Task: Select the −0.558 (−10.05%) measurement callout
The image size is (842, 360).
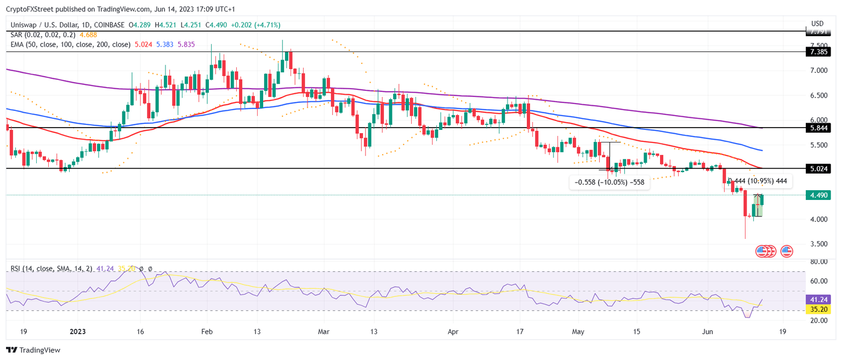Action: pyautogui.click(x=610, y=182)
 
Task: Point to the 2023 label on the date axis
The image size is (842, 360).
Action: pyautogui.click(x=77, y=332)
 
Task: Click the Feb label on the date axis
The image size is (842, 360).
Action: pyautogui.click(x=207, y=332)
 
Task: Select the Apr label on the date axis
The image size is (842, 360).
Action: pyautogui.click(x=452, y=332)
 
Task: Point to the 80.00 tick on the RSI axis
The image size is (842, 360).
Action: pyautogui.click(x=818, y=262)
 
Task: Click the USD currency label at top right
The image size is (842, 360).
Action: pyautogui.click(x=817, y=24)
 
